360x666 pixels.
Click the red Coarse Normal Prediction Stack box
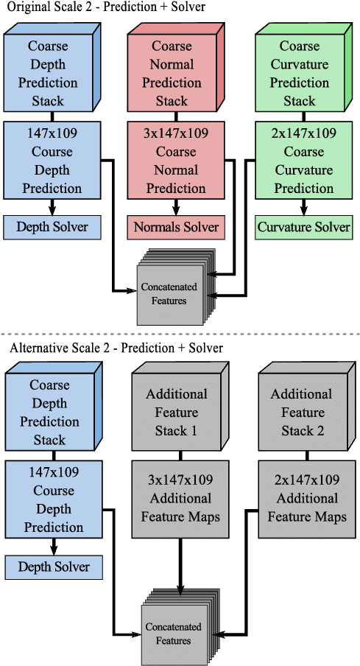click(172, 73)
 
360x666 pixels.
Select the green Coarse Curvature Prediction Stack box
click(299, 73)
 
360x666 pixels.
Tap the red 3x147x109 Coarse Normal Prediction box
click(175, 161)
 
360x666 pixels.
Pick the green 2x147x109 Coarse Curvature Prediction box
click(303, 161)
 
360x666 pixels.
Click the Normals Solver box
click(176, 227)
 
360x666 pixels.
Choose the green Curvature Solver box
click(303, 227)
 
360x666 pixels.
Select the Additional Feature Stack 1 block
click(177, 413)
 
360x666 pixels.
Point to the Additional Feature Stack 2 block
click(303, 413)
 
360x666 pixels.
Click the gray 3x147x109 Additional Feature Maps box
click(180, 499)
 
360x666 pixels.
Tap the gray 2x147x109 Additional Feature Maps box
click(307, 499)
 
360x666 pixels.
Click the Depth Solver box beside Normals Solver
click(52, 227)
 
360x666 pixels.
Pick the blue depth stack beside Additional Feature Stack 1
click(49, 413)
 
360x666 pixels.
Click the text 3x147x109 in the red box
click(176, 133)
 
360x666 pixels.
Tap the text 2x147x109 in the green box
click(304, 133)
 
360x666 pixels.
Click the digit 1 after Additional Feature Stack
click(194, 431)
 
